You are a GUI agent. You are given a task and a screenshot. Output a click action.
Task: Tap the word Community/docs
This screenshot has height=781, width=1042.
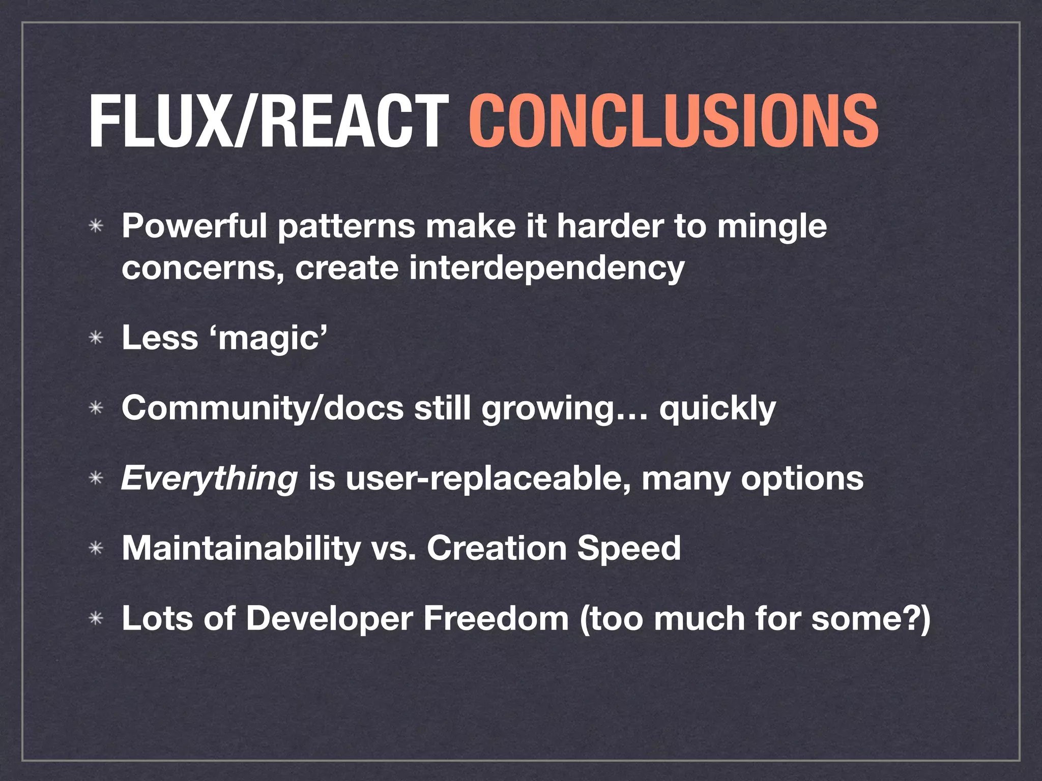262,409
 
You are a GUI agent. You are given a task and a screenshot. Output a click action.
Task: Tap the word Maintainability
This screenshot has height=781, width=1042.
241,549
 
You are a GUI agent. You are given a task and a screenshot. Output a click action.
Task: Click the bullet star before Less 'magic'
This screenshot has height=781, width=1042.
96,339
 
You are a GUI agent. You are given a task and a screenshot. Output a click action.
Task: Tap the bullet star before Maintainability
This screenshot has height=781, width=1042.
96,549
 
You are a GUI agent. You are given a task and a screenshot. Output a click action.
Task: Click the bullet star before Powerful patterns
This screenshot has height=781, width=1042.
96,227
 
